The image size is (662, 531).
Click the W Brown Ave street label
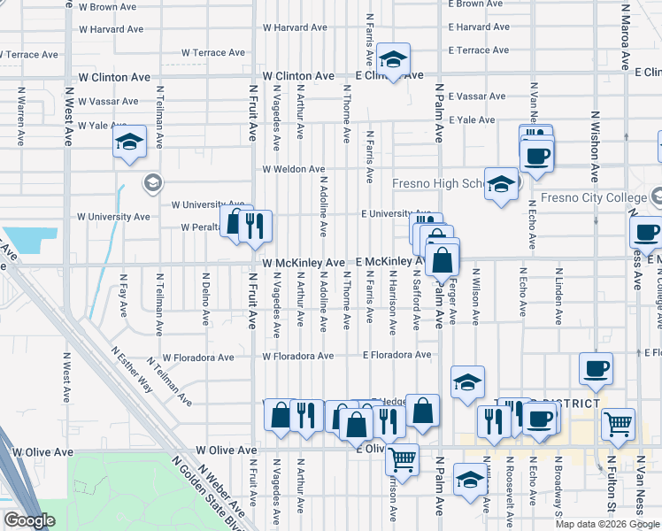click(x=108, y=7)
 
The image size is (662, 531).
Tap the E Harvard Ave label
click(x=480, y=27)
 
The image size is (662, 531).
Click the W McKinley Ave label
click(x=304, y=264)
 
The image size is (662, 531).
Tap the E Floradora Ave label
click(x=396, y=356)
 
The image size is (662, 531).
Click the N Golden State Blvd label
click(x=198, y=498)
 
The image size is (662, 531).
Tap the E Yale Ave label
click(x=473, y=119)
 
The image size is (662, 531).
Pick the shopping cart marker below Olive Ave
click(x=403, y=459)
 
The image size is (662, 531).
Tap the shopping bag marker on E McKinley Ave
click(x=442, y=261)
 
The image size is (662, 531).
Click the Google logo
click(x=29, y=520)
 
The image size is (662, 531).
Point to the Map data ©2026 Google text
click(x=606, y=524)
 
